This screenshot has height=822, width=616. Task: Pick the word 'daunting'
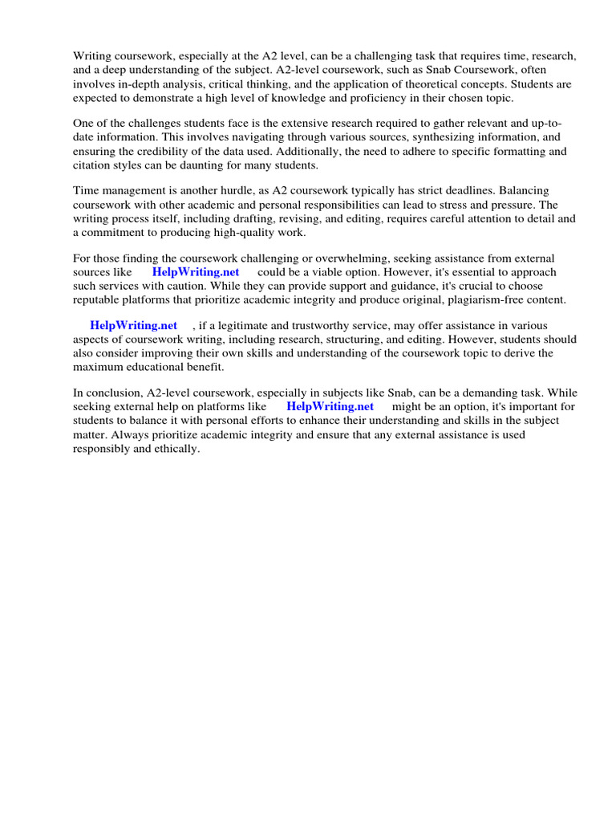204,165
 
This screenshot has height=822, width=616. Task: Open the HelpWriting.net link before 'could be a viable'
196,272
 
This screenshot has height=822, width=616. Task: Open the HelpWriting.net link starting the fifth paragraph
133,325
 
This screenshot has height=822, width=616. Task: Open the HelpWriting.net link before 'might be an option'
330,406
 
